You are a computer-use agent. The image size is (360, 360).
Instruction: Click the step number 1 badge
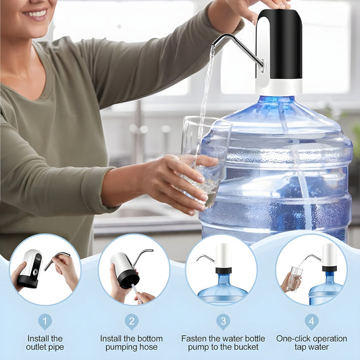coord(45,322)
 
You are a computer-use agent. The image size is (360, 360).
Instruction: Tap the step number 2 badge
coord(132,322)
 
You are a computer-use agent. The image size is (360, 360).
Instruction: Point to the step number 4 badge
coord(311,322)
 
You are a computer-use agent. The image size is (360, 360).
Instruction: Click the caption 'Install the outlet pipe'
coord(45,342)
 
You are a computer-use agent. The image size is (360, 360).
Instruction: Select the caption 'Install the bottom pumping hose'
coord(132,342)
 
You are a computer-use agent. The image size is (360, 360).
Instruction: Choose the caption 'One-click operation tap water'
coord(311,342)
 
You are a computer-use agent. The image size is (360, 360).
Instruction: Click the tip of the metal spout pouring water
coord(215,42)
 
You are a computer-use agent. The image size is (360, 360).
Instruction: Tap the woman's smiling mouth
coord(35,13)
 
